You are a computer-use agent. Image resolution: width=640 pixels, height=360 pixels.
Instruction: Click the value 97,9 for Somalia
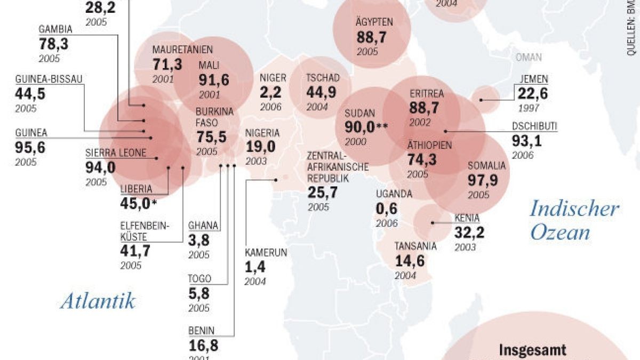[483, 180]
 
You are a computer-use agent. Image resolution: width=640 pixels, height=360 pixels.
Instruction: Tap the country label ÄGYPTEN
[374, 22]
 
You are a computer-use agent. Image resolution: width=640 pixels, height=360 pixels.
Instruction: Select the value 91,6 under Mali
[214, 80]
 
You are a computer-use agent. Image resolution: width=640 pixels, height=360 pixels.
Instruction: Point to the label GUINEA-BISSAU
[49, 79]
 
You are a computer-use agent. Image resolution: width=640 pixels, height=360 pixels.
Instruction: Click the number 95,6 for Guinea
[30, 147]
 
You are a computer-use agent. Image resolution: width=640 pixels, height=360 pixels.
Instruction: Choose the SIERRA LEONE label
[115, 153]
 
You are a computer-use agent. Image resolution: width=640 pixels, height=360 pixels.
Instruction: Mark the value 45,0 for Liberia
[136, 203]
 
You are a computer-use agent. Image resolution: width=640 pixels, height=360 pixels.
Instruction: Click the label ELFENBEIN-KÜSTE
[145, 231]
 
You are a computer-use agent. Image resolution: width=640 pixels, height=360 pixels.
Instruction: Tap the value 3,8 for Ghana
[199, 240]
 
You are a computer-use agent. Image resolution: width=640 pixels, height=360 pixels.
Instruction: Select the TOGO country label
[199, 278]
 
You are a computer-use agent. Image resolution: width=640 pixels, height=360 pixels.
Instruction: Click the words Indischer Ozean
[574, 220]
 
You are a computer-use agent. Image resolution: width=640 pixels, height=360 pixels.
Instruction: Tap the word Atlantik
[98, 301]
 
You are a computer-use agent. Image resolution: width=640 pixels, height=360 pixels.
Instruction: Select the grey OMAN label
[529, 58]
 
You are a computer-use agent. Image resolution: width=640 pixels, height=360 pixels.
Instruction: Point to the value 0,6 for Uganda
[387, 209]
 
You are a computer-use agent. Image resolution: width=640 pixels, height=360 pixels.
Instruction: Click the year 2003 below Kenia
[465, 247]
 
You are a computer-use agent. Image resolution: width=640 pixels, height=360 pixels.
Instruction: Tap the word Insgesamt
[533, 350]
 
